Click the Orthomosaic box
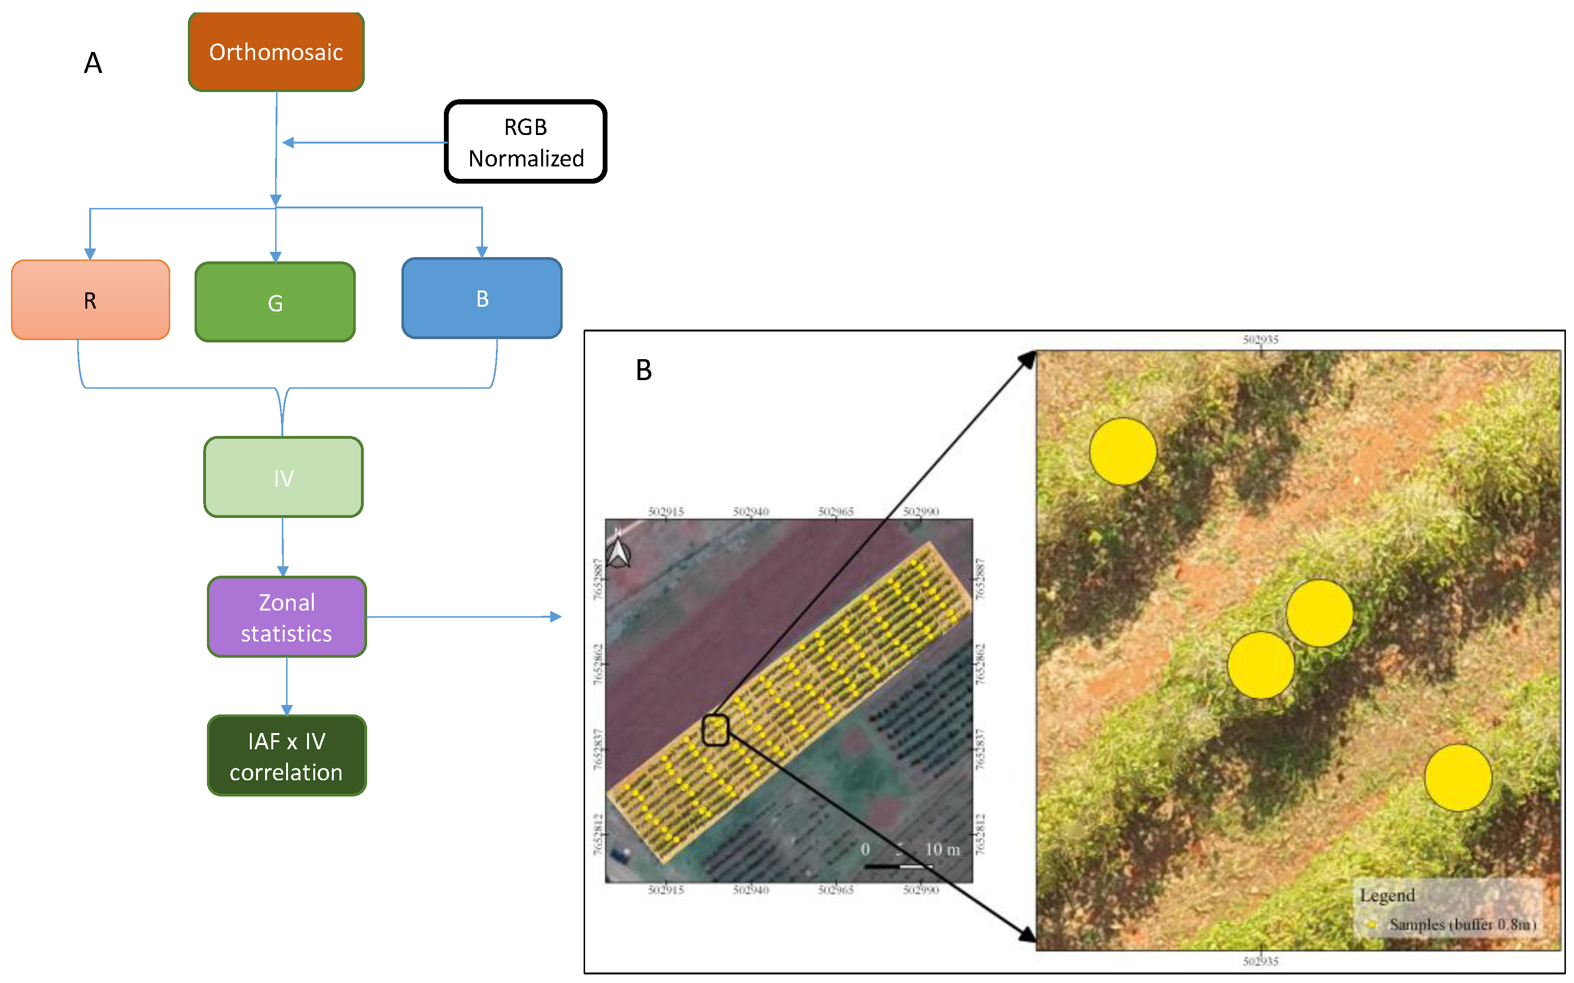[276, 52]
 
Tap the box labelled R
[90, 300]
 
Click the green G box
[275, 302]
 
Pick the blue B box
[482, 299]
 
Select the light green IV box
[283, 477]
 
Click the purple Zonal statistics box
[287, 617]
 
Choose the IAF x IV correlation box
[287, 755]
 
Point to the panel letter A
[93, 63]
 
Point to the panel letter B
[643, 370]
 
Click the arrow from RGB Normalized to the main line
[364, 143]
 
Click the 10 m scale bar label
[942, 849]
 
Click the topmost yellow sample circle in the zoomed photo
[1122, 451]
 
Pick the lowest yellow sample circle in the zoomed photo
[1458, 777]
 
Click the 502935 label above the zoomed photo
[1260, 340]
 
